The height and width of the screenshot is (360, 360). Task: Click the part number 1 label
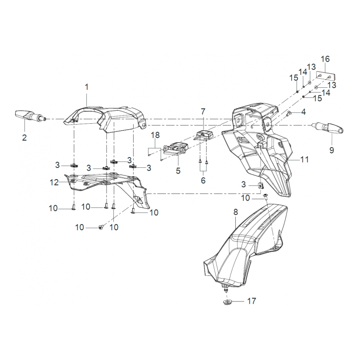(x=87, y=85)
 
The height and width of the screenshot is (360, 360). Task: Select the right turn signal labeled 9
(x=332, y=127)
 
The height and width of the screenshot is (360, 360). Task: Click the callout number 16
(x=325, y=59)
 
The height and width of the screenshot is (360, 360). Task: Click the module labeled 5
(x=176, y=149)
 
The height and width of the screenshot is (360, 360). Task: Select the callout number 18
(x=155, y=135)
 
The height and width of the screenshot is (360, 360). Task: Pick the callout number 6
(x=203, y=180)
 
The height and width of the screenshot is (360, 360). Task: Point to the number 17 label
(x=251, y=301)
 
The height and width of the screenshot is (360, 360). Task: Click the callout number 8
(x=235, y=211)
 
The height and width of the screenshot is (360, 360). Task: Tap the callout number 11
(x=305, y=159)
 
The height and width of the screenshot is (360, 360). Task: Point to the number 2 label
(x=24, y=137)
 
